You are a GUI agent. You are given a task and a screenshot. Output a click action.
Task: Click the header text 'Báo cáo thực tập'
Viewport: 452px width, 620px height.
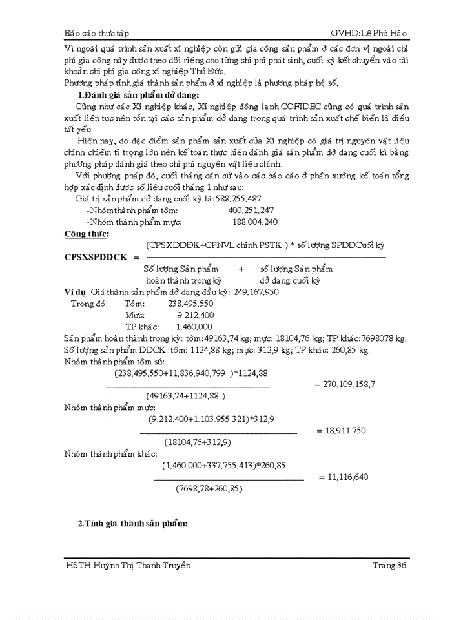point(102,32)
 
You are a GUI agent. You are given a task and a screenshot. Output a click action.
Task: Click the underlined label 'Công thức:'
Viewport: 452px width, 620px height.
point(87,233)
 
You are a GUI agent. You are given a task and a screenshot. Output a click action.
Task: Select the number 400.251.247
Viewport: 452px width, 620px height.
point(251,211)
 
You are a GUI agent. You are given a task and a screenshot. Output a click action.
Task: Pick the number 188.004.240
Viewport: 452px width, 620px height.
point(255,222)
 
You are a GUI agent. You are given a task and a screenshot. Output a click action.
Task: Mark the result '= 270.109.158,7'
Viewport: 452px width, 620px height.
point(345,384)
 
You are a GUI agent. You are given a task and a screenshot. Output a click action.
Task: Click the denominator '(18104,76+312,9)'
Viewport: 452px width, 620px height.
point(198,442)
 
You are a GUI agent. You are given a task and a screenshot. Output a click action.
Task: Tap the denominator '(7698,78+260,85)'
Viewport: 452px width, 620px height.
point(209,489)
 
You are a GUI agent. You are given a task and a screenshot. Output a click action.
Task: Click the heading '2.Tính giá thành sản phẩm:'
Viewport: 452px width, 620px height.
point(132,524)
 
